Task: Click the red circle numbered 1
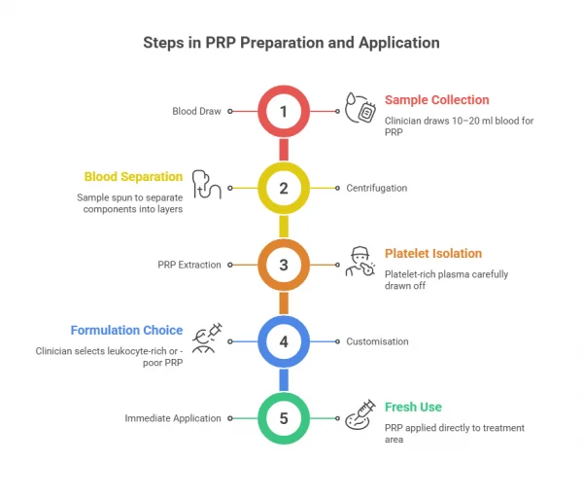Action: pyautogui.click(x=284, y=111)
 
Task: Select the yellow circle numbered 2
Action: pyautogui.click(x=284, y=188)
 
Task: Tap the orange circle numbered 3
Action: pyautogui.click(x=284, y=265)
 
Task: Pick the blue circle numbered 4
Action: pyautogui.click(x=284, y=341)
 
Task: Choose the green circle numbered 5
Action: pyautogui.click(x=284, y=418)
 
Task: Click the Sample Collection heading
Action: pyautogui.click(x=436, y=100)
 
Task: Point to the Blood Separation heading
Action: pyautogui.click(x=133, y=177)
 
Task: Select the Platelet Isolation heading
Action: pyautogui.click(x=432, y=254)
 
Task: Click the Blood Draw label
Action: pyautogui.click(x=198, y=111)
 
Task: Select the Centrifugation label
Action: pyautogui.click(x=376, y=188)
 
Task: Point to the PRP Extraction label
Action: pyautogui.click(x=189, y=265)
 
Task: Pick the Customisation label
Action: pyautogui.click(x=377, y=341)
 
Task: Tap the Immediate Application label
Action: pyautogui.click(x=173, y=418)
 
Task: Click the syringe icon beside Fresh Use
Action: pyautogui.click(x=361, y=415)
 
